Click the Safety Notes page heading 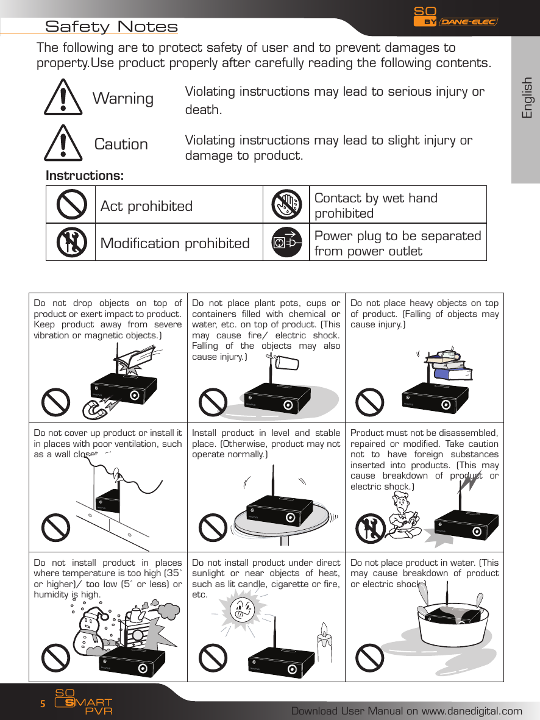[x=112, y=27]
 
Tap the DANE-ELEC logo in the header [x=468, y=22]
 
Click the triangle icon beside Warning [x=63, y=98]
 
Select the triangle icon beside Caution [x=63, y=143]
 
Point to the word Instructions [x=85, y=176]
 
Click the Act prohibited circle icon [x=71, y=205]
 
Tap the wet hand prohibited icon [x=286, y=205]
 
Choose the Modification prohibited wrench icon [x=71, y=243]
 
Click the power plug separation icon [x=286, y=243]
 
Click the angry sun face [x=243, y=609]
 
